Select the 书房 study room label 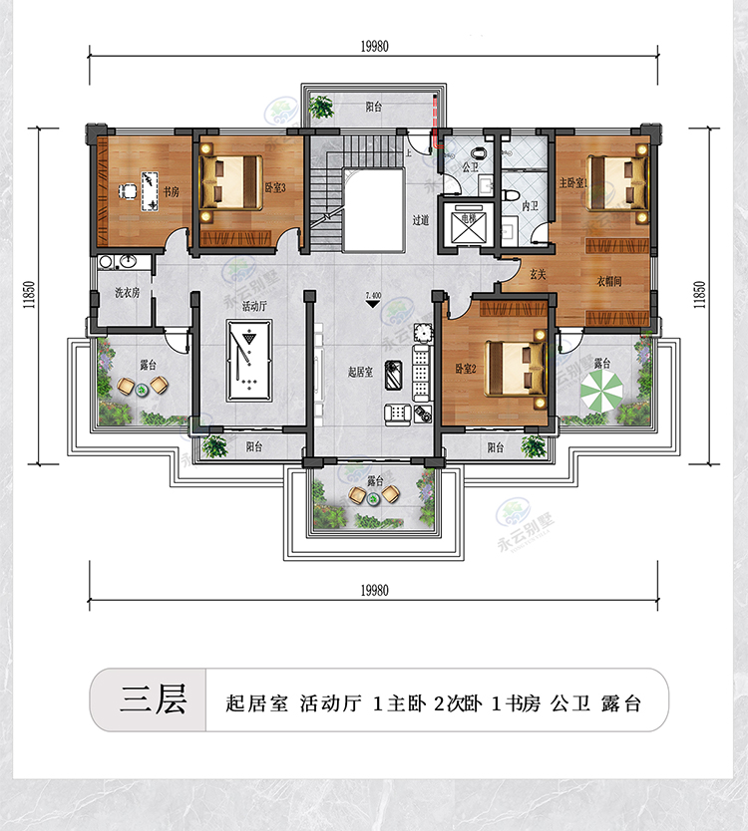tap(171, 192)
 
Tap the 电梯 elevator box tap(466, 226)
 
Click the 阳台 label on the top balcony tap(373, 106)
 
